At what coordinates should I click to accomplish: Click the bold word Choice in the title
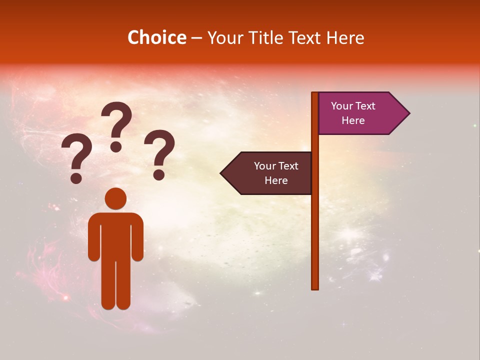[x=156, y=38]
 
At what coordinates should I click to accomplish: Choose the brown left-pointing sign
[x=267, y=173]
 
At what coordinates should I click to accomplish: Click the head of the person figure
[x=115, y=198]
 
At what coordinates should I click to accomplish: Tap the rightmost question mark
[x=159, y=154]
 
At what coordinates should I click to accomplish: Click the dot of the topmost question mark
[x=116, y=146]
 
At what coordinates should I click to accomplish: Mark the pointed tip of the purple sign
[x=408, y=113]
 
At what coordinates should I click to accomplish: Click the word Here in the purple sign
[x=353, y=120]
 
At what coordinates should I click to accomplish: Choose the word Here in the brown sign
[x=276, y=180]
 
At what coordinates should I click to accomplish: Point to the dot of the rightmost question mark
[x=159, y=174]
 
